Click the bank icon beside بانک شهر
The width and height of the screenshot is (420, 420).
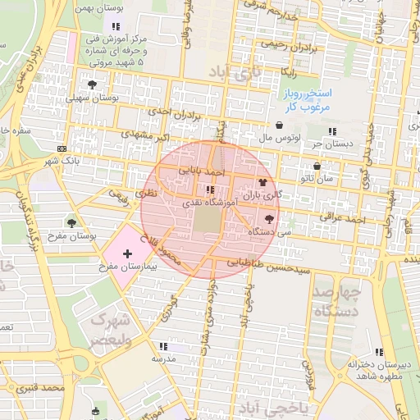coord(62,148)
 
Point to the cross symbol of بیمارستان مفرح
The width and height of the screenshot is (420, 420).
coord(126,254)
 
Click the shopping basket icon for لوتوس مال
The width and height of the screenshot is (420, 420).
coord(281,126)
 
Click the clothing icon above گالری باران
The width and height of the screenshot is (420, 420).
coord(262,182)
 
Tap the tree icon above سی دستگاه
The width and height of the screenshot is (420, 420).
coord(269,219)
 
